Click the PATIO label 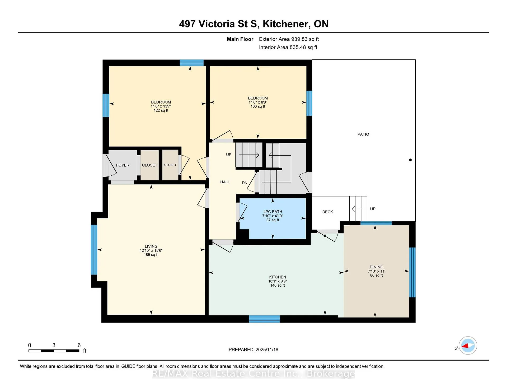(x=363, y=134)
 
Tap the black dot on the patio (x=410, y=160)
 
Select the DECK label (x=327, y=212)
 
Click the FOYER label (x=123, y=165)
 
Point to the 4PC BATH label (x=273, y=212)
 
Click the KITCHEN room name (x=278, y=277)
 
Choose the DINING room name (x=376, y=267)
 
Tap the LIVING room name (x=151, y=246)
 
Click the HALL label (x=225, y=182)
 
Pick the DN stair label (x=245, y=183)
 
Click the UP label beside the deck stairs (x=373, y=209)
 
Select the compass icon (x=468, y=346)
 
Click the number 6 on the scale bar (x=79, y=345)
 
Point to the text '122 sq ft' (x=161, y=110)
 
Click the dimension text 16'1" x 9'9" (x=278, y=281)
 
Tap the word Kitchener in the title (x=286, y=24)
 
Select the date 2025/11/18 (x=267, y=349)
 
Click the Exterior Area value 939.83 (x=299, y=39)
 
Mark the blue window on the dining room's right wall (x=412, y=272)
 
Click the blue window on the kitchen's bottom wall (x=264, y=319)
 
